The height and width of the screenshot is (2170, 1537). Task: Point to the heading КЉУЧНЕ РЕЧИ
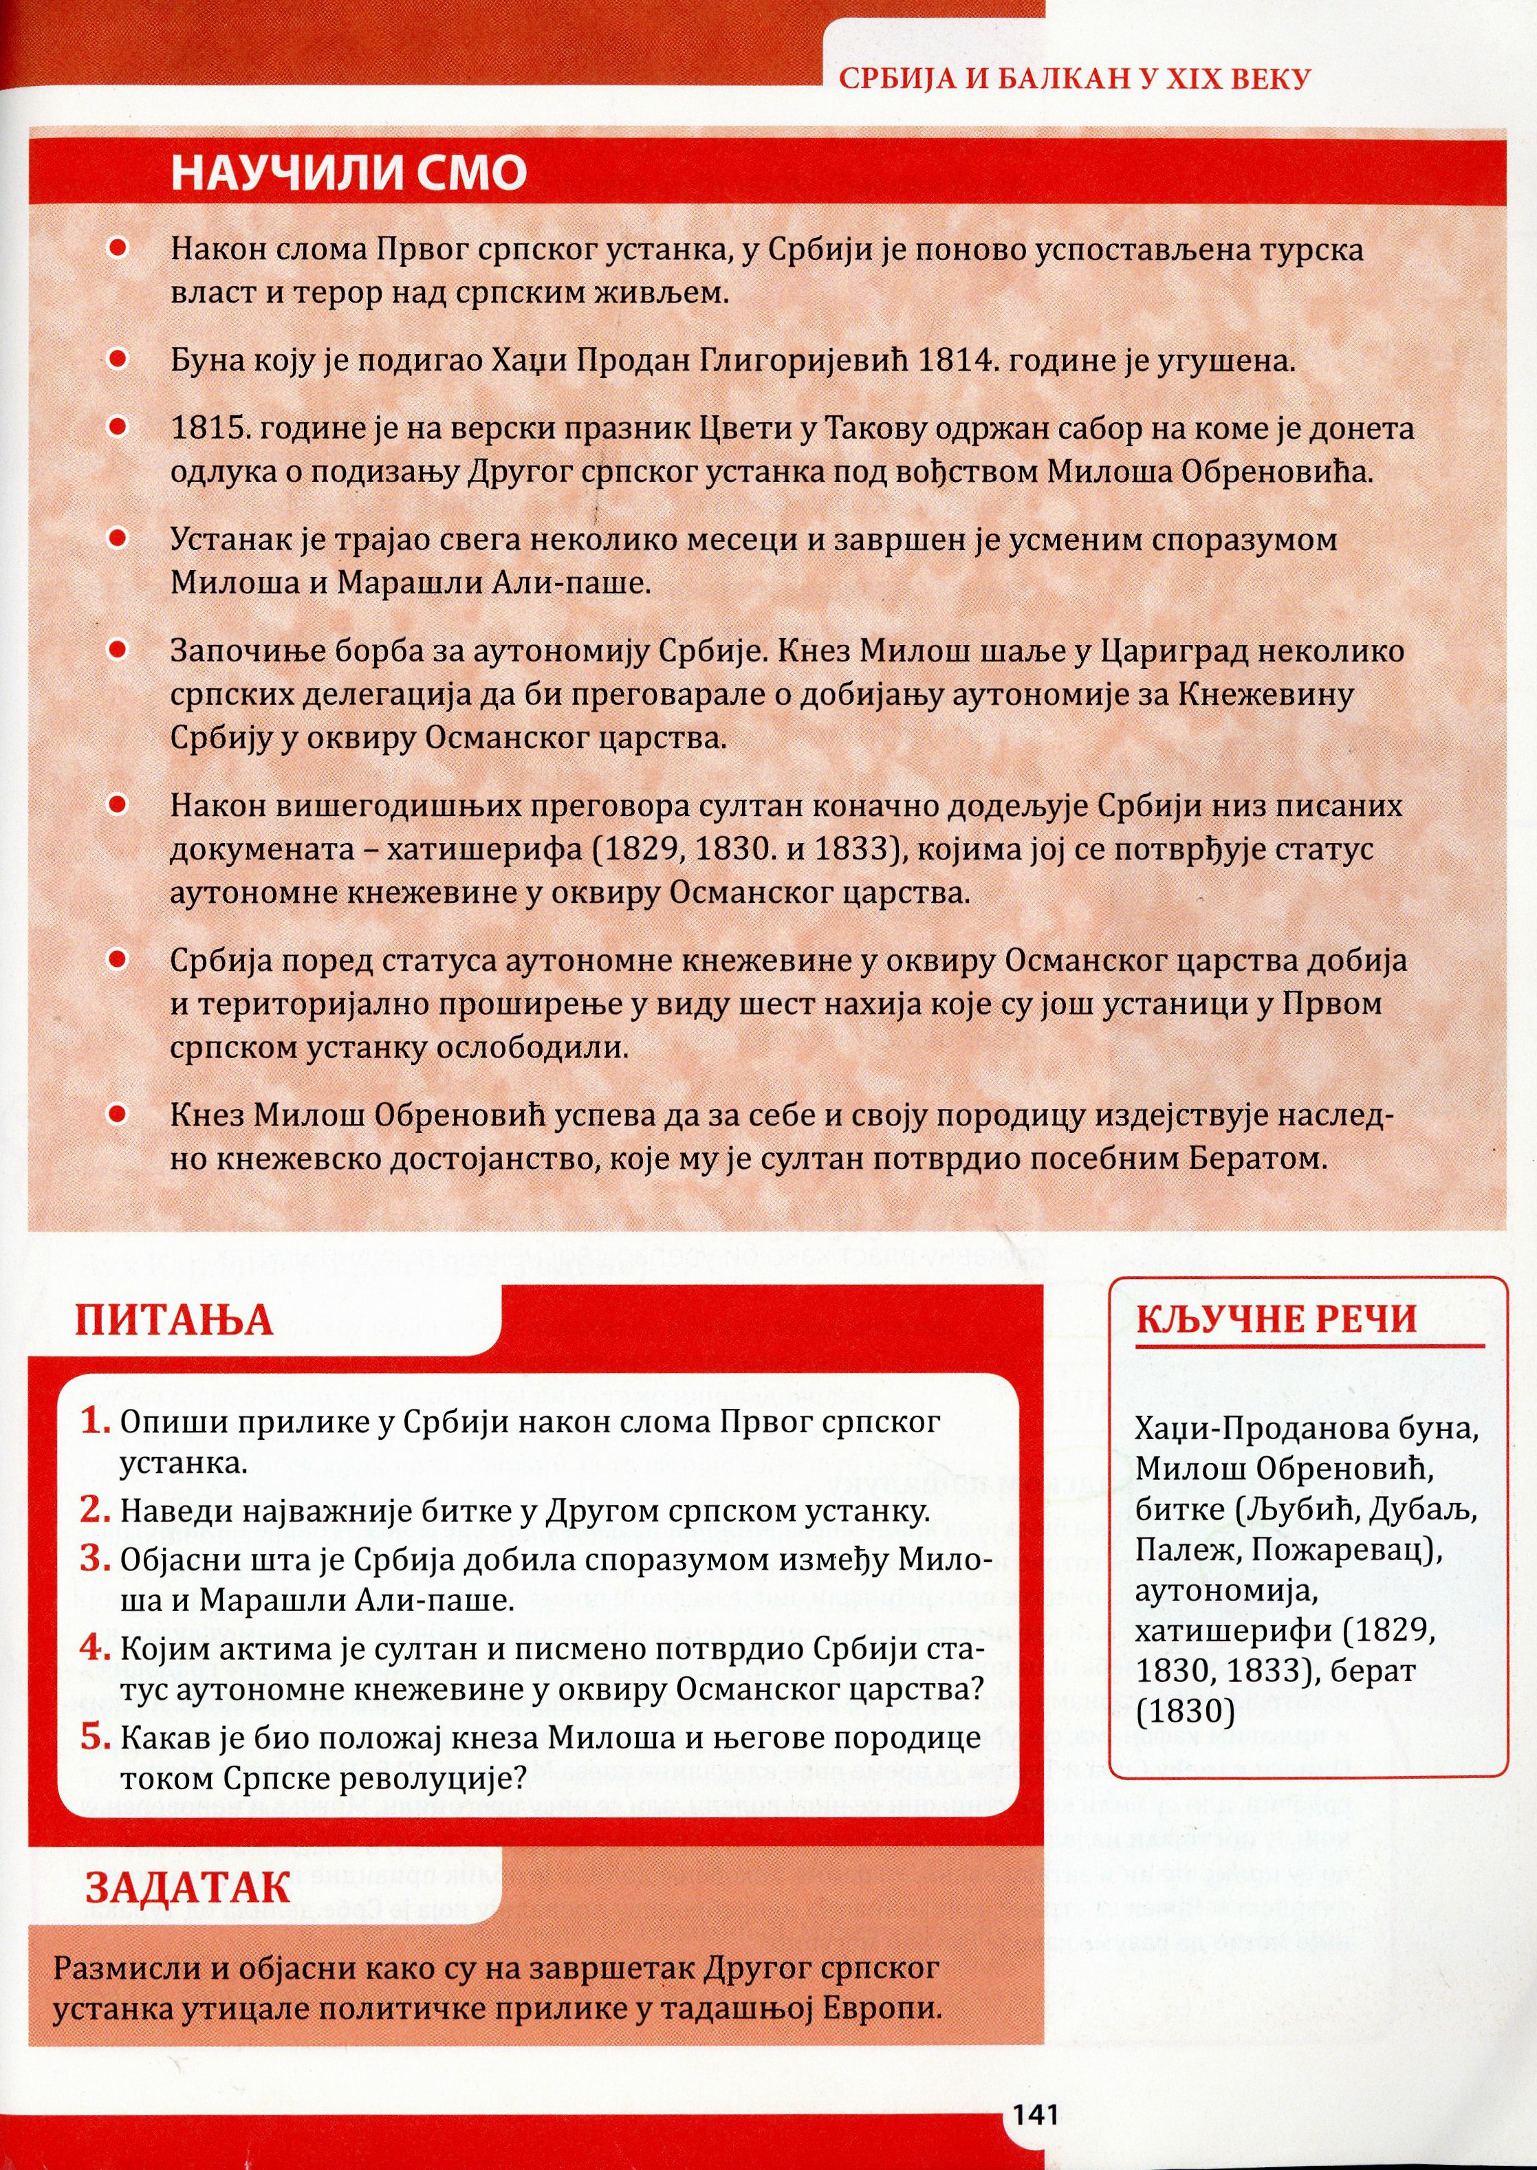(1277, 1318)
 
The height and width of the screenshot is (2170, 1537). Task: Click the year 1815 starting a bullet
(208, 428)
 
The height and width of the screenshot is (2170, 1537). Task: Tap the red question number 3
(95, 1559)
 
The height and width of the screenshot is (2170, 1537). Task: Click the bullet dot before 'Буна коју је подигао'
(118, 360)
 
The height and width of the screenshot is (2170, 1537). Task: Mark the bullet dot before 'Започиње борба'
(118, 650)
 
